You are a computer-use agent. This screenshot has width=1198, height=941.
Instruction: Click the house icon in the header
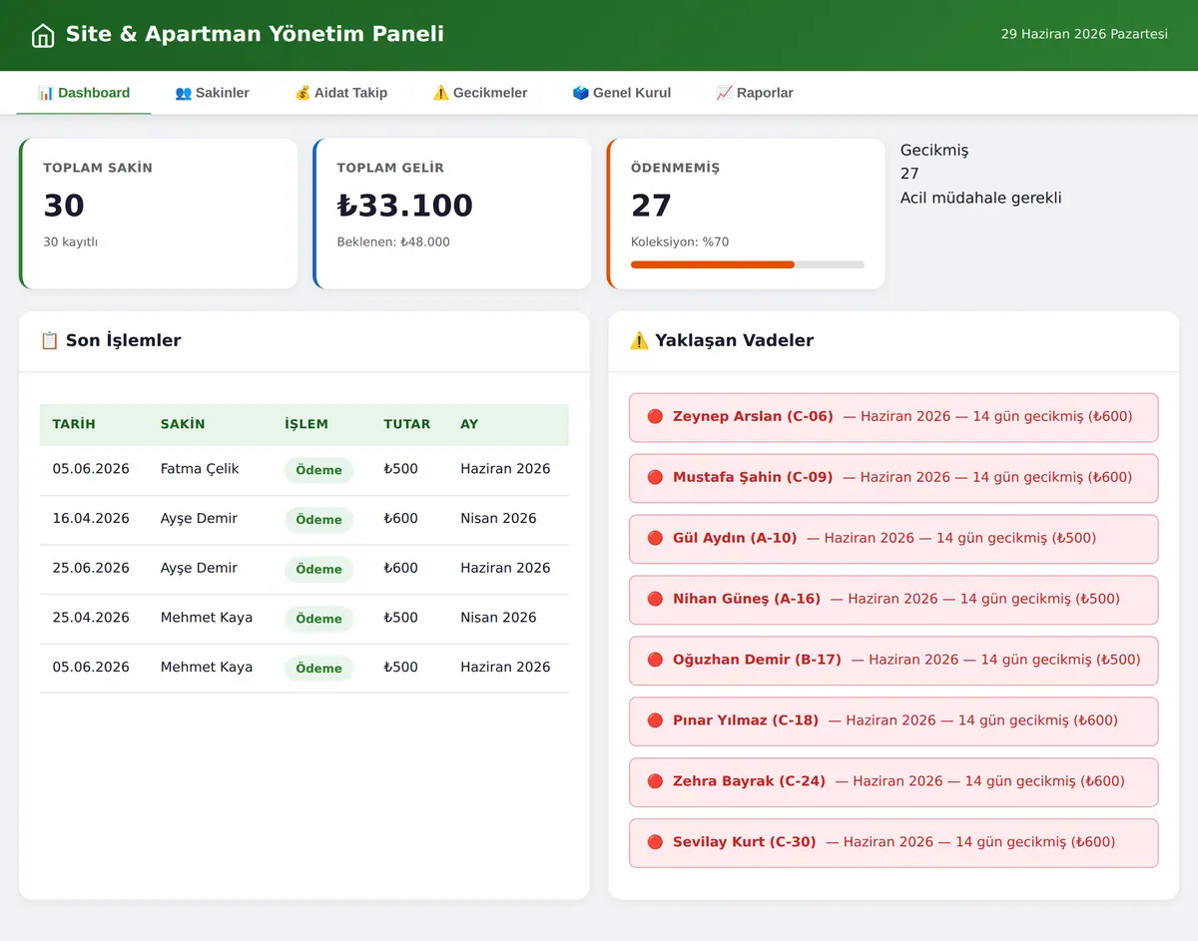tap(43, 35)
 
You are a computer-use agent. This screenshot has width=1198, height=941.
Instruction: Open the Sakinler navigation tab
tap(212, 93)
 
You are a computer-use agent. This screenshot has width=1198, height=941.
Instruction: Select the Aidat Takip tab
tap(341, 93)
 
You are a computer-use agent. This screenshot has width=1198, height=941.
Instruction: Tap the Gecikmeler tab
tap(479, 93)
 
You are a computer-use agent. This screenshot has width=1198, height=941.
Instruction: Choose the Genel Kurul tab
tap(621, 93)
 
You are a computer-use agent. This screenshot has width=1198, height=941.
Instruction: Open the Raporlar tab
tap(754, 93)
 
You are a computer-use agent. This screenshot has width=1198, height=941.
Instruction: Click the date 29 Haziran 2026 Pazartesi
tap(1084, 34)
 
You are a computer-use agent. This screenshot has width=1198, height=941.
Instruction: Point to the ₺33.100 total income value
tap(405, 206)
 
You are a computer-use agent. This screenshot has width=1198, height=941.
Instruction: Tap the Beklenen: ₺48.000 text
tap(393, 241)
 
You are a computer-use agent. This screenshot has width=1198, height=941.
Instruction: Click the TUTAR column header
tap(407, 424)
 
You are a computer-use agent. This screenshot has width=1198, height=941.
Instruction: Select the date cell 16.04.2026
tap(91, 519)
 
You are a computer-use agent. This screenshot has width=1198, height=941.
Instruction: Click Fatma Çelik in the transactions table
tap(200, 469)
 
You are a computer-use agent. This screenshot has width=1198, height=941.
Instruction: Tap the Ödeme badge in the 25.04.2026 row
tap(318, 619)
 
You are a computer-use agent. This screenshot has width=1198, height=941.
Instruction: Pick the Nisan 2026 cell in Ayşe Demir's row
tap(498, 519)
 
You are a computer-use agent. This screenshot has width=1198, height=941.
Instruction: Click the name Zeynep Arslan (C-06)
tap(753, 416)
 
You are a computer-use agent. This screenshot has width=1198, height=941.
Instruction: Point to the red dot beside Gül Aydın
tap(655, 538)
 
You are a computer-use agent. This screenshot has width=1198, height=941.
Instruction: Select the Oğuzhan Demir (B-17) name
tap(757, 660)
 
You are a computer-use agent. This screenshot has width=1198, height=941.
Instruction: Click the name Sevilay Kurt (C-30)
tap(745, 842)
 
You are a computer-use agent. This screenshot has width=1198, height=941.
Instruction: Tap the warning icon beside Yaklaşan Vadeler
tap(639, 341)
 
